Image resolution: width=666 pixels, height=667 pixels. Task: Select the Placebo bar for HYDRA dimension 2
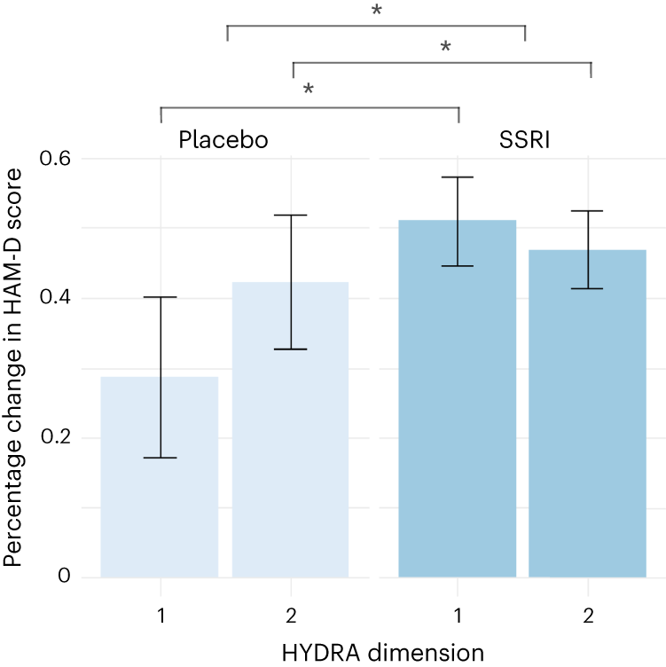tap(291, 443)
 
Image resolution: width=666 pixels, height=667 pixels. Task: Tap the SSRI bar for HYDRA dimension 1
tap(458, 417)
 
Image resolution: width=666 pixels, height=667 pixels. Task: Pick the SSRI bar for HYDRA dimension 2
tap(588, 426)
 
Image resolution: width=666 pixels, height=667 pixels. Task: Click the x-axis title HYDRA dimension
tap(383, 652)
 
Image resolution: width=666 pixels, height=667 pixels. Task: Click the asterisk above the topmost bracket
tap(376, 12)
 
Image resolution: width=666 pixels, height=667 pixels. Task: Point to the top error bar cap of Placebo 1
tap(161, 297)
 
